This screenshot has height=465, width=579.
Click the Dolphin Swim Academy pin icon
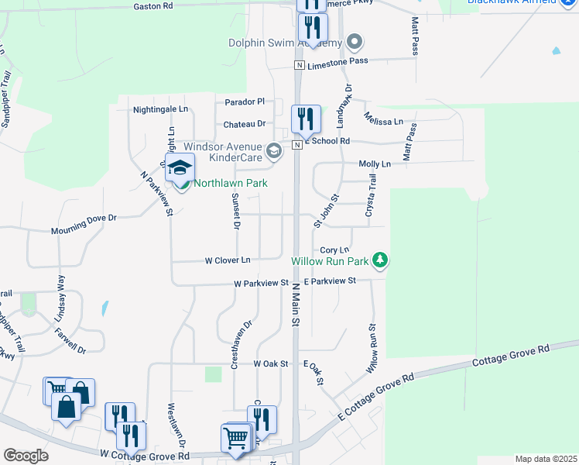click(355, 40)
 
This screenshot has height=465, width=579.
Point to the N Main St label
click(295, 303)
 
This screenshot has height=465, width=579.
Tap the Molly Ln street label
click(375, 164)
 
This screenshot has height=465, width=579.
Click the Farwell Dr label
click(69, 340)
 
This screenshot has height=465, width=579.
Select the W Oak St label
click(271, 363)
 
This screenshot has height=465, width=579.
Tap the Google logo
click(26, 456)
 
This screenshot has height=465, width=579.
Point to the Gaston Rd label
click(152, 6)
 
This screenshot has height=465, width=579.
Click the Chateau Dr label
click(244, 123)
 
